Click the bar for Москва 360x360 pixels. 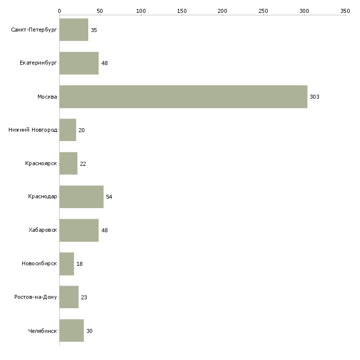(x=183, y=97)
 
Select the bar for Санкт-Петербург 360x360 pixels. (x=73, y=30)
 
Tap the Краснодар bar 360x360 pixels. (x=81, y=197)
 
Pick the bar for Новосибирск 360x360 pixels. (x=67, y=264)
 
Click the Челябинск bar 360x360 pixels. (x=72, y=331)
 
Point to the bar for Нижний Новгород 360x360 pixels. (x=68, y=130)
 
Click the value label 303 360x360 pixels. (x=315, y=97)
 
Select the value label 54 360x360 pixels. (x=109, y=197)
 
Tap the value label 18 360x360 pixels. (x=79, y=264)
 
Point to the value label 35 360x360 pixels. (x=94, y=31)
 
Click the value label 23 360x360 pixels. (x=84, y=298)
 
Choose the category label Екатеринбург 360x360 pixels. (x=38, y=63)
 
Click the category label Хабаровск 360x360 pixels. (x=43, y=230)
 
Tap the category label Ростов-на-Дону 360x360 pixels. (x=36, y=297)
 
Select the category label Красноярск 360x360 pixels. (x=41, y=163)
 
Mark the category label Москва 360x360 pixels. (x=47, y=97)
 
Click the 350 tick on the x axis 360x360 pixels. (x=345, y=10)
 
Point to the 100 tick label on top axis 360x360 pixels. (x=141, y=10)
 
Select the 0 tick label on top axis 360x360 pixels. (x=59, y=10)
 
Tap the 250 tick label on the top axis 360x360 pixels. (x=263, y=10)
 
